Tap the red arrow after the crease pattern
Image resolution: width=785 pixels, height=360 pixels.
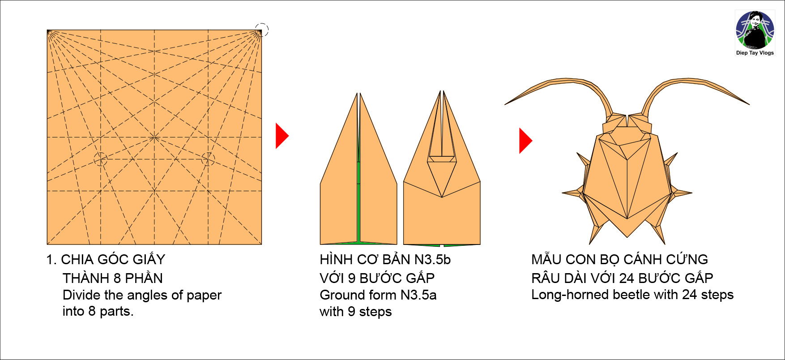pyautogui.click(x=281, y=136)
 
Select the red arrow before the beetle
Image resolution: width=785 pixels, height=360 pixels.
pyautogui.click(x=525, y=141)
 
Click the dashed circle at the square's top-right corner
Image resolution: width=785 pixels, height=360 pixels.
pyautogui.click(x=262, y=30)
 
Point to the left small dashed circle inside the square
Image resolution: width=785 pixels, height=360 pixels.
pyautogui.click(x=101, y=159)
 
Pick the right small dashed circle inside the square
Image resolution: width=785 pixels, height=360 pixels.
pyautogui.click(x=208, y=159)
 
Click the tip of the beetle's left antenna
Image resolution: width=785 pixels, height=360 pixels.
pyautogui.click(x=506, y=104)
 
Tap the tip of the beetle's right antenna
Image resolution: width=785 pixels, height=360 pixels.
pyautogui.click(x=749, y=104)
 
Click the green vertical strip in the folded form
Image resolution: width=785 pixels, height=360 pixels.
pyautogui.click(x=358, y=201)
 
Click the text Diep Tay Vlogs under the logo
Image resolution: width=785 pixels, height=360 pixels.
pyautogui.click(x=755, y=53)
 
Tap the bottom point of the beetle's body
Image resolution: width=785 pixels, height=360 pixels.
pyautogui.click(x=627, y=236)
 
